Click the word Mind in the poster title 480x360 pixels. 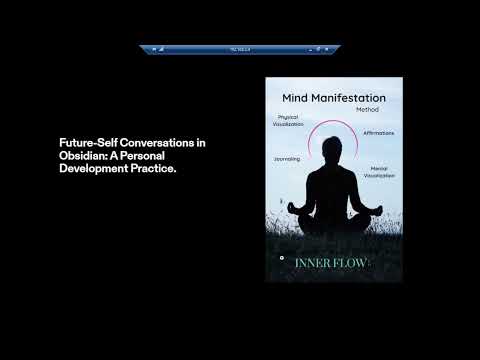pyautogui.click(x=298, y=99)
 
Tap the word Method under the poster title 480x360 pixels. pyautogui.click(x=367, y=109)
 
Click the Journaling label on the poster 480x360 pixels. pyautogui.click(x=287, y=158)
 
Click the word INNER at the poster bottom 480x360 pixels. pyautogui.click(x=312, y=263)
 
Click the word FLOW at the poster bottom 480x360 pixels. pyautogui.click(x=352, y=263)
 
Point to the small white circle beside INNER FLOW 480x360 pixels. pyautogui.click(x=282, y=258)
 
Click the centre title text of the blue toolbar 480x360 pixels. pyautogui.click(x=240, y=48)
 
